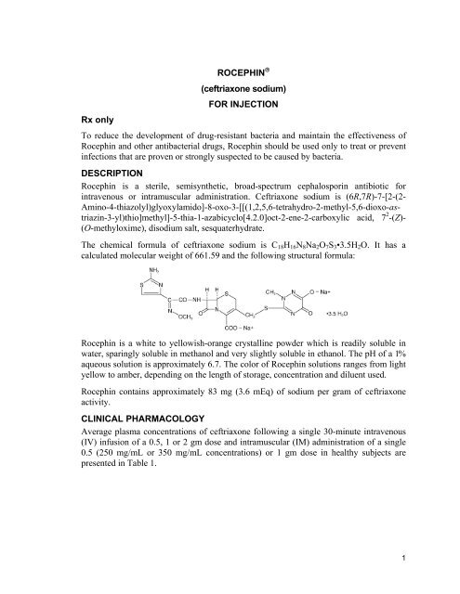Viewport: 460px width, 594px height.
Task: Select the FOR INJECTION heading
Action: [229, 107]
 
